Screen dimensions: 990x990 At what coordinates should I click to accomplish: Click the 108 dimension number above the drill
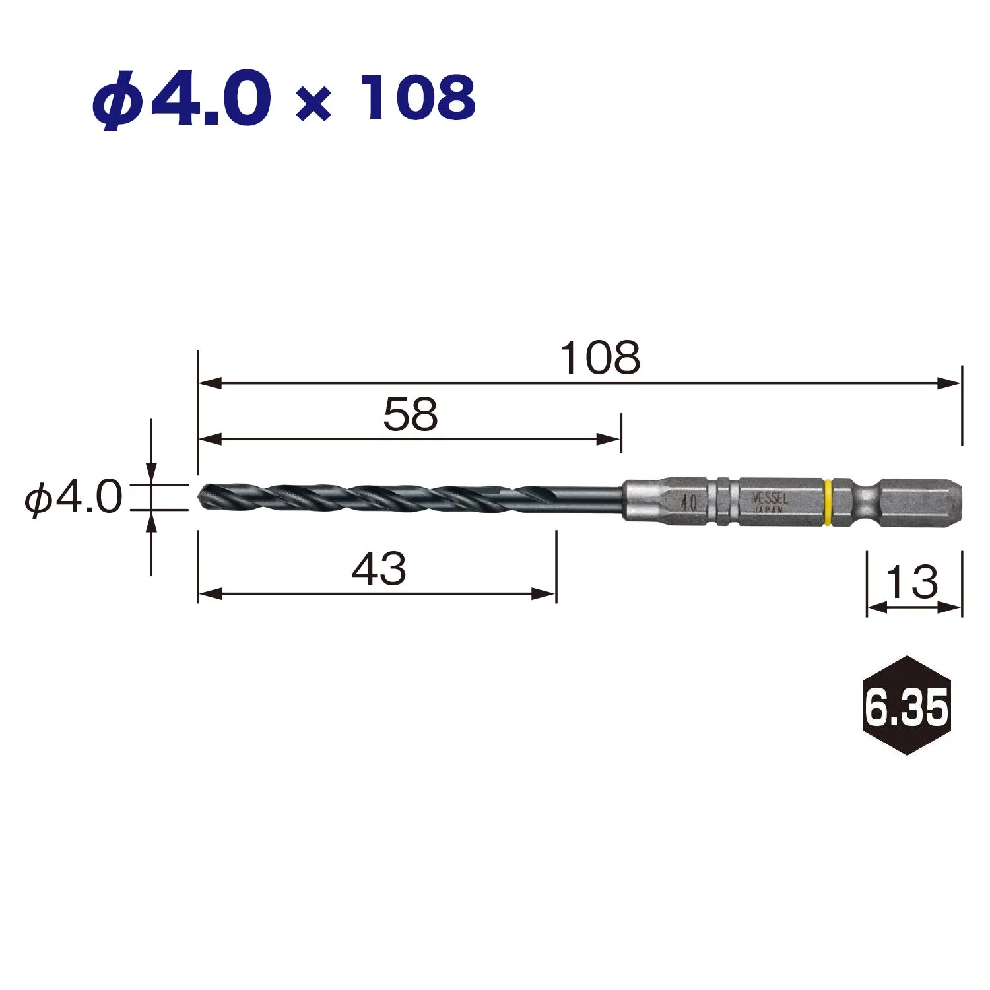tap(600, 358)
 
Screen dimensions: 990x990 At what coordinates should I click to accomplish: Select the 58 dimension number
tap(411, 415)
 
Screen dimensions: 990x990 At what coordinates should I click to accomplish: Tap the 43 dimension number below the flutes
tap(379, 569)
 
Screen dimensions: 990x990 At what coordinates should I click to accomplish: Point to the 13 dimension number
tap(911, 582)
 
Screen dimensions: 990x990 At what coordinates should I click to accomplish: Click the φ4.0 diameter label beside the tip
tap(73, 498)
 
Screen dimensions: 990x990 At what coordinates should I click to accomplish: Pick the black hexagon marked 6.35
tap(907, 706)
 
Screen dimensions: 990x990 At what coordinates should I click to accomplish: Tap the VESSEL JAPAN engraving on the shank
tap(770, 502)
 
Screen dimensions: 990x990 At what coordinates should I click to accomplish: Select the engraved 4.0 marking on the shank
tap(688, 503)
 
